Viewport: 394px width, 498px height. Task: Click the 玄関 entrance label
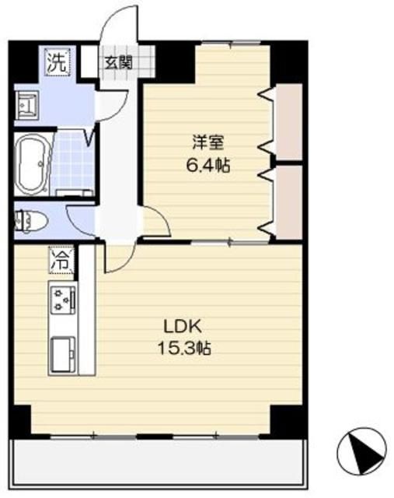click(x=120, y=61)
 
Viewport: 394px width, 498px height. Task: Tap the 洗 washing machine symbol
click(x=56, y=61)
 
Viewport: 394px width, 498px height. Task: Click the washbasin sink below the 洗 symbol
click(x=30, y=104)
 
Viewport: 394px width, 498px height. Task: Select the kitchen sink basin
click(x=61, y=354)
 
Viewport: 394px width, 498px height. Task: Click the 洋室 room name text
click(x=208, y=143)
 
